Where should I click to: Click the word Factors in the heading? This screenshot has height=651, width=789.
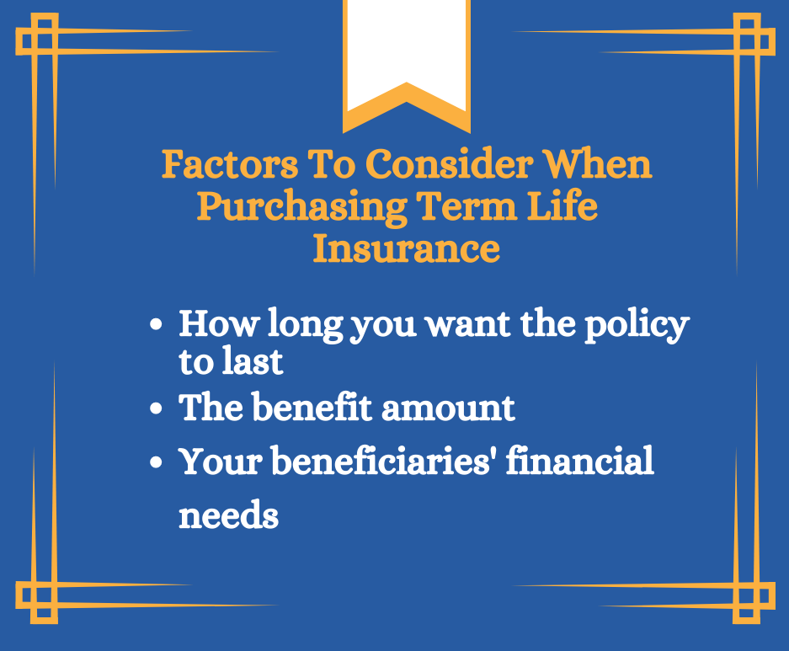pos(229,164)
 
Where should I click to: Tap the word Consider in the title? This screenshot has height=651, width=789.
pos(449,164)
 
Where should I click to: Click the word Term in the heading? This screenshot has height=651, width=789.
pos(467,206)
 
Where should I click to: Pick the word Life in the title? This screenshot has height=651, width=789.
pos(562,205)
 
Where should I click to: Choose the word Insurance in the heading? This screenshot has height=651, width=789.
pos(407,248)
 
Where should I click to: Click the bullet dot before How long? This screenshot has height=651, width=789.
pos(156,324)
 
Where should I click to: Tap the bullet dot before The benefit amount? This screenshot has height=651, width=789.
pos(156,408)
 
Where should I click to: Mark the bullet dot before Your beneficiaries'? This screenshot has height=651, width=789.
pos(156,462)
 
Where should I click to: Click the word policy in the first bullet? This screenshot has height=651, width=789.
pos(637,325)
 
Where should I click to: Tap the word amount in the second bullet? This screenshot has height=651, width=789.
pos(448,408)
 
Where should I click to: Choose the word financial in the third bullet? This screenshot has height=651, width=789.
pos(579,460)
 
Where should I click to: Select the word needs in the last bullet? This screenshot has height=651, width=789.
pos(228,515)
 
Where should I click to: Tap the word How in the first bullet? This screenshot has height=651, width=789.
pos(218,323)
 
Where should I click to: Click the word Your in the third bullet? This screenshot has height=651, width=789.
pos(221,461)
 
